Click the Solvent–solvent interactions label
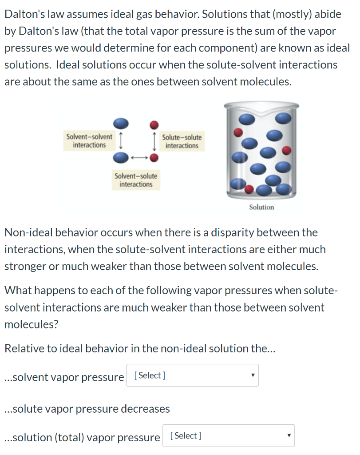(x=89, y=140)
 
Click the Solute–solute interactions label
(x=182, y=141)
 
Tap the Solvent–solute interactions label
(x=136, y=180)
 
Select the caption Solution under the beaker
(x=261, y=207)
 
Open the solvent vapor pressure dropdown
(x=192, y=375)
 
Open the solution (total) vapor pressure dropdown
(x=228, y=436)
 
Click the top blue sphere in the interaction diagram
(x=121, y=123)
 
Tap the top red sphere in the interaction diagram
(x=154, y=124)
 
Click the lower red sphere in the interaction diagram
(x=154, y=157)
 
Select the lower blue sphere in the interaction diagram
(x=121, y=157)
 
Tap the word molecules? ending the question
(x=31, y=324)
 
